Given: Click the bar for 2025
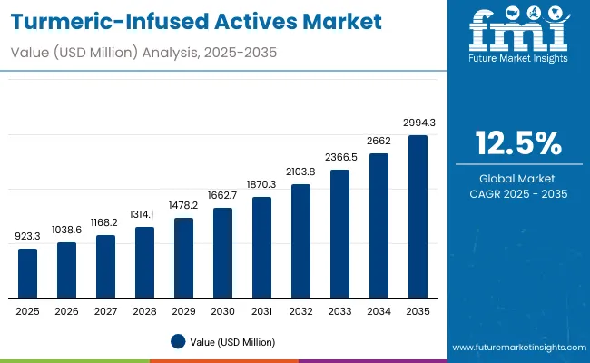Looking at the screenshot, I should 28,273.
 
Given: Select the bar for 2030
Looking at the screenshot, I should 222,253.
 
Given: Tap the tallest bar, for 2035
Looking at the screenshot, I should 418,217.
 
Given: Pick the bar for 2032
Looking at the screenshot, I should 300,241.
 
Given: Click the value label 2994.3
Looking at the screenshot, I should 418,123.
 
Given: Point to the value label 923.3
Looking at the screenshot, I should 28,236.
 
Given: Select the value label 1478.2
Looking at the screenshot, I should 183,205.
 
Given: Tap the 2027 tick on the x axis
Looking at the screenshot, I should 105,312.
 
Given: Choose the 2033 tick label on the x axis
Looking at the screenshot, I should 339,312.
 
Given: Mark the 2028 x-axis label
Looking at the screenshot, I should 144,312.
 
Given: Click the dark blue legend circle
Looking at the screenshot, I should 177,341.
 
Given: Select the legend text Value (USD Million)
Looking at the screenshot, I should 231,341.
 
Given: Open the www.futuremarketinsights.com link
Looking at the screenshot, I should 515,348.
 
